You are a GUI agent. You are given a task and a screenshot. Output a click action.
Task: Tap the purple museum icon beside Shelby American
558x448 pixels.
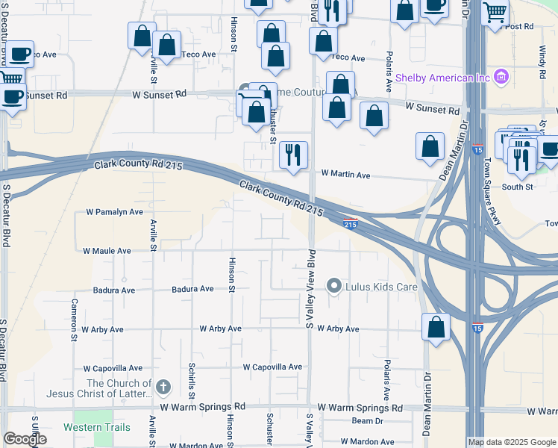pos(501,77)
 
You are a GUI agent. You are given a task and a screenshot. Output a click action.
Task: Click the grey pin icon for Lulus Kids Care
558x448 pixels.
pos(334,286)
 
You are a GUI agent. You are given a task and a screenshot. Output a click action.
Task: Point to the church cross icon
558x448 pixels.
pos(164,387)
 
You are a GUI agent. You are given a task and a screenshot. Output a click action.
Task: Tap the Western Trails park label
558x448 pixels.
pos(97,428)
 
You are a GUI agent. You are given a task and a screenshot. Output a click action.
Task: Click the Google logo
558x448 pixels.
pos(25,439)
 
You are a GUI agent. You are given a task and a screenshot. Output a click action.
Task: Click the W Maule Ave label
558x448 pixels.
pos(107,251)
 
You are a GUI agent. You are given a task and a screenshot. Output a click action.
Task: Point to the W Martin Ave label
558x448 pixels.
pos(345,175)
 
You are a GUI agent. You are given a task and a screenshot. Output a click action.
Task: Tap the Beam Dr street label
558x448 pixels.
pos(367,421)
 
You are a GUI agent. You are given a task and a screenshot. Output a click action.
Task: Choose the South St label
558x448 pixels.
pos(518,187)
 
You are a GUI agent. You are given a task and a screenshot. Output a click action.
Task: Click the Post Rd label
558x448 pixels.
pos(519,26)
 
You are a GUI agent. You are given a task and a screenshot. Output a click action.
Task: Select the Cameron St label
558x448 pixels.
pos(75,317)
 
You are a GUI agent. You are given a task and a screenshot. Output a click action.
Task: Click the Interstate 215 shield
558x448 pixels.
pos(351,223)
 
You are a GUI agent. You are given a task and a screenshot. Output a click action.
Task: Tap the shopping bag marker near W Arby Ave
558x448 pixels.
pos(435,326)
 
